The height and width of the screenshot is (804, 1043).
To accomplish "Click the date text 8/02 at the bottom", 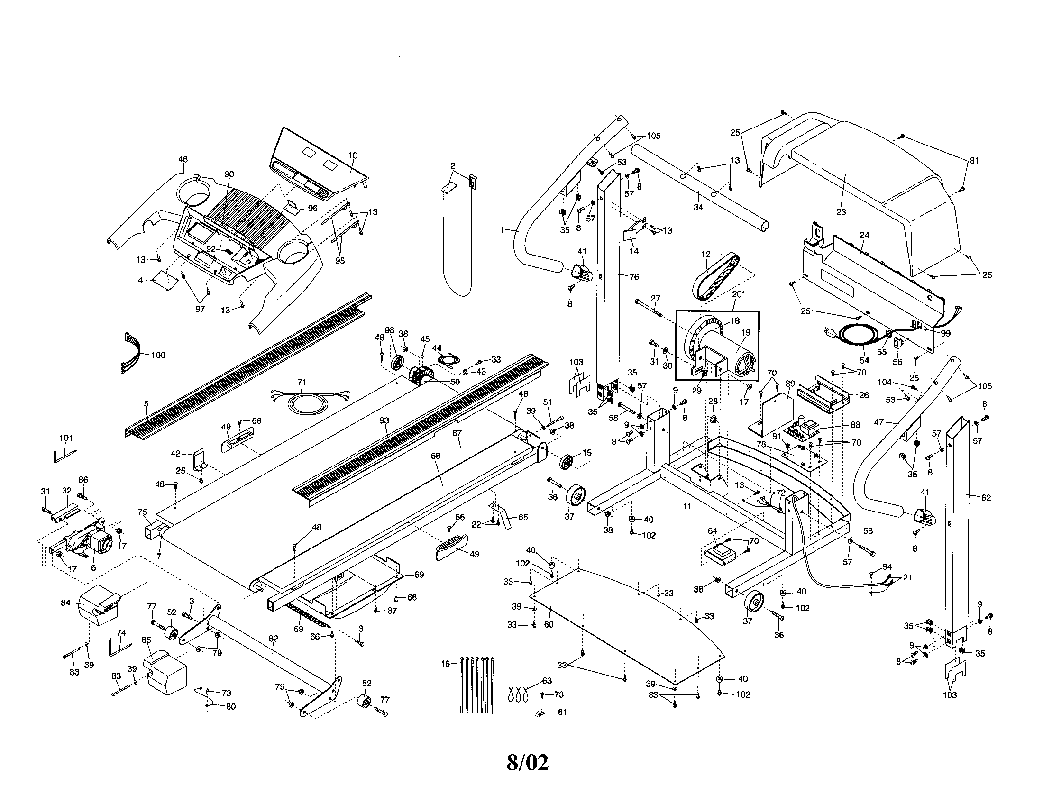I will [x=527, y=762].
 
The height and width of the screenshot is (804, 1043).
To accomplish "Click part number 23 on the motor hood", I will [x=841, y=212].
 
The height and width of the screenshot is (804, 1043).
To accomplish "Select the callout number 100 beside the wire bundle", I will [x=157, y=355].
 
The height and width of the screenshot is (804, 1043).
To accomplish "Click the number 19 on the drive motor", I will [x=745, y=333].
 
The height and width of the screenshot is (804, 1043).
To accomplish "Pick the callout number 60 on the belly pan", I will [x=549, y=624].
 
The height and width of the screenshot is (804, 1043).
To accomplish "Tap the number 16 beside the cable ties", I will [x=445, y=664].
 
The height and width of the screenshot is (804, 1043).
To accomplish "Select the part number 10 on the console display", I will [x=352, y=155].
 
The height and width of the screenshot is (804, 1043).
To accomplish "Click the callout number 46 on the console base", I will [x=183, y=159].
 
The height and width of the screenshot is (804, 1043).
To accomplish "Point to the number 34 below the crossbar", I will [x=698, y=207].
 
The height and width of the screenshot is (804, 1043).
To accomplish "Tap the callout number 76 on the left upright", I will [x=634, y=277].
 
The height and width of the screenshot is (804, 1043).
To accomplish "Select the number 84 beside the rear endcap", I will [x=66, y=603].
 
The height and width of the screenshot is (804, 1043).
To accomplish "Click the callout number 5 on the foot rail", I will [x=146, y=403].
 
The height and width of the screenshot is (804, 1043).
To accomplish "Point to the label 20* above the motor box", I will [x=737, y=294].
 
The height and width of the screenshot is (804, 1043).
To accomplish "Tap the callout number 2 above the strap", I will [x=453, y=165].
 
